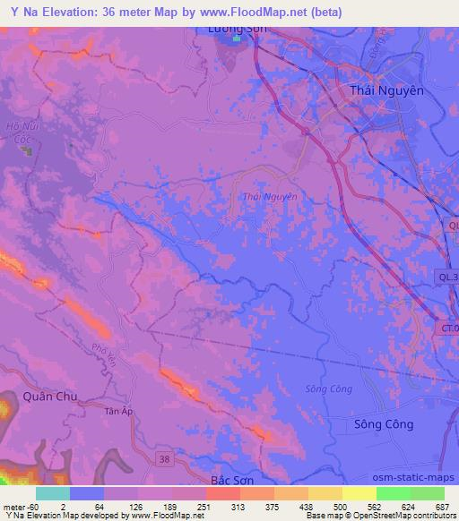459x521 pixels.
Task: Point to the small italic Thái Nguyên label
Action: (x=269, y=196)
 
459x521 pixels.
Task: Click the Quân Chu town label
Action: (x=49, y=396)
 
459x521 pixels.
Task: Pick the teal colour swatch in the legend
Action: (x=53, y=493)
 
